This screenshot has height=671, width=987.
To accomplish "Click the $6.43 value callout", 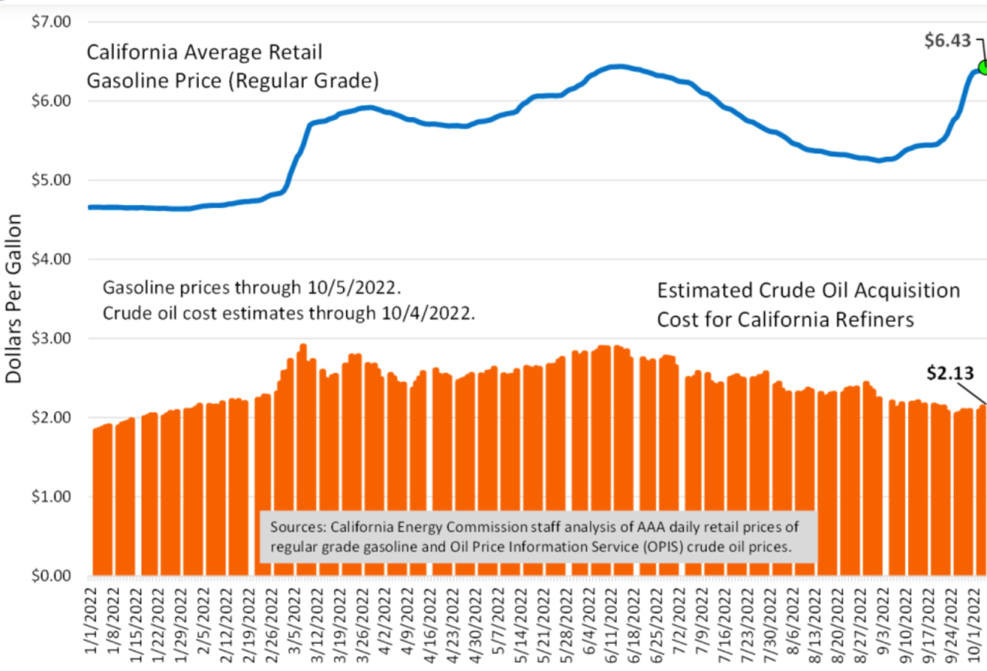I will pyautogui.click(x=948, y=41).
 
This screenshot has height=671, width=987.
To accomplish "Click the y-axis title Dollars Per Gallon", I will pyautogui.click(x=14, y=299).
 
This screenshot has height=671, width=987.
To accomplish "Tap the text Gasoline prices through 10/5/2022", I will pyautogui.click(x=252, y=288).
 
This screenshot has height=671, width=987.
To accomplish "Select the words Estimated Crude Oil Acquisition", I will pyautogui.click(x=808, y=290).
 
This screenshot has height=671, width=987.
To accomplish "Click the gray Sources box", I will pyautogui.click(x=537, y=536).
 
